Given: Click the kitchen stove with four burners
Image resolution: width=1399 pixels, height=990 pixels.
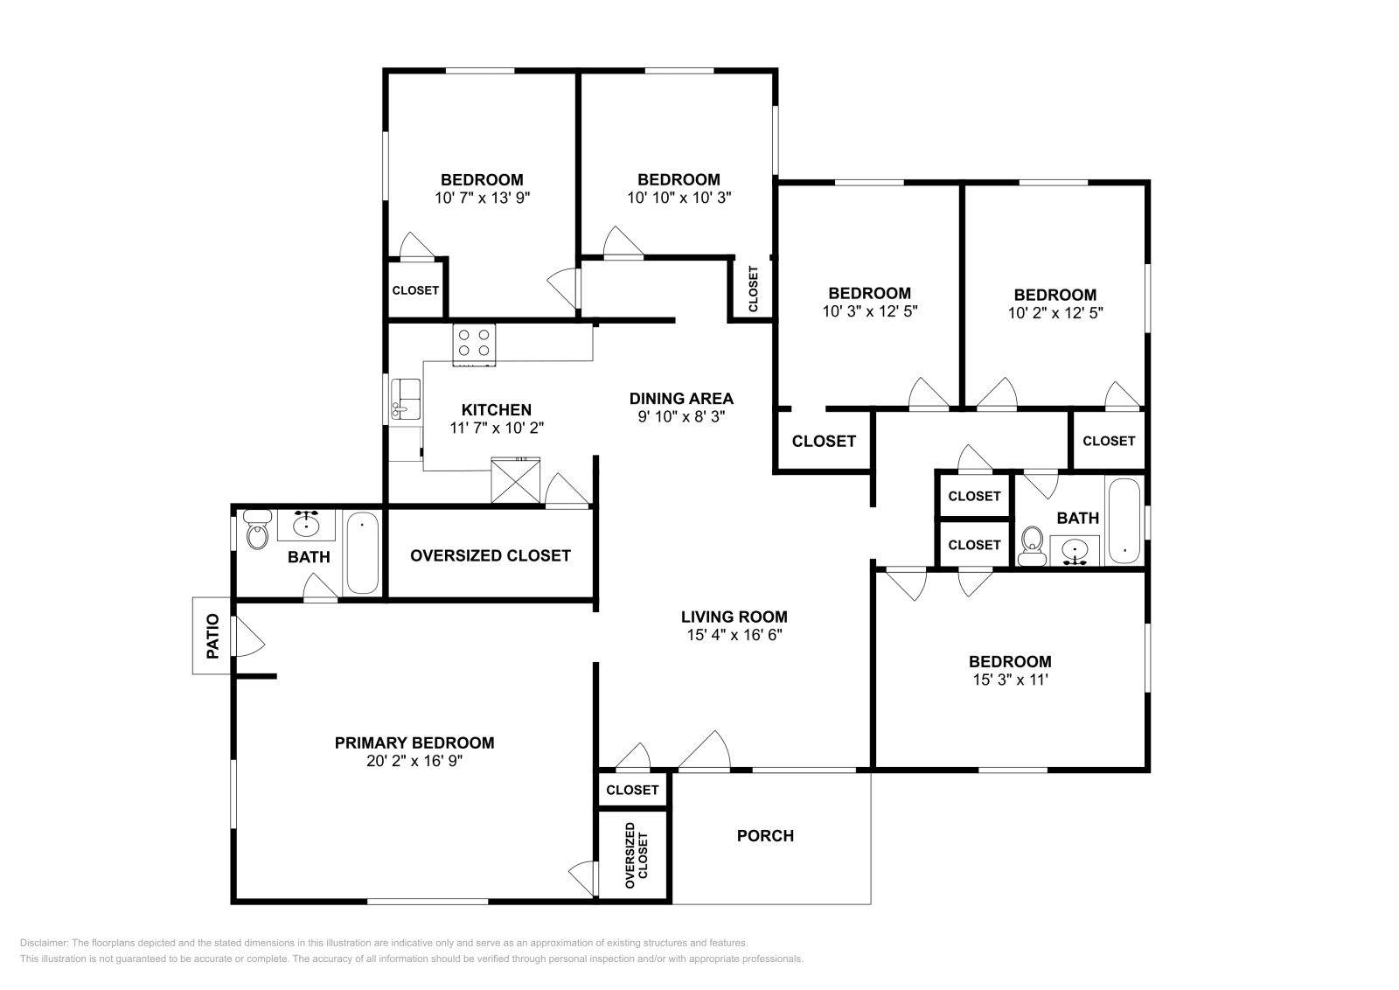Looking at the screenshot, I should (x=474, y=345).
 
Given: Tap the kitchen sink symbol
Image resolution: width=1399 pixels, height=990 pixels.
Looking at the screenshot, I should (x=406, y=400).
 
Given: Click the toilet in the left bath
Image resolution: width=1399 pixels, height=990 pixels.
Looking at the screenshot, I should (x=256, y=531).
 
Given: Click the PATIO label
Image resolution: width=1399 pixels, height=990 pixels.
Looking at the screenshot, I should (x=212, y=636).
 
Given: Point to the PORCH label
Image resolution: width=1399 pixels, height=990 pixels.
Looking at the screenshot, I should (x=765, y=836).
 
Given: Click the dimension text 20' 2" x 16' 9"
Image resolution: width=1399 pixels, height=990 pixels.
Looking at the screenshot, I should (x=414, y=762).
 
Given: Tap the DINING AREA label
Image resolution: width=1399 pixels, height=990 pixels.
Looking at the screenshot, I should (x=681, y=399).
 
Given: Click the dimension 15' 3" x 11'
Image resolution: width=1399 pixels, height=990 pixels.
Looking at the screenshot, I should (x=1009, y=680).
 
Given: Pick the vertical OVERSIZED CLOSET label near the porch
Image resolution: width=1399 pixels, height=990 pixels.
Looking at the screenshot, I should (x=636, y=856).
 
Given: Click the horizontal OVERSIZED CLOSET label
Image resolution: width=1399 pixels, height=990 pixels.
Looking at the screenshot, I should (x=490, y=555).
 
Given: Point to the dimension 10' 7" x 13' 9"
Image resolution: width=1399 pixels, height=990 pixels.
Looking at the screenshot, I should (x=482, y=198).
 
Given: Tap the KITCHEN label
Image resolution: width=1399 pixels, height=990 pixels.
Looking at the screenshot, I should (x=496, y=410).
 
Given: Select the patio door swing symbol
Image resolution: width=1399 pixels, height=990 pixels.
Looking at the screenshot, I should (x=247, y=636).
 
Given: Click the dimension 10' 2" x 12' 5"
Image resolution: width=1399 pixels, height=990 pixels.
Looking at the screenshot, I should (x=1055, y=312).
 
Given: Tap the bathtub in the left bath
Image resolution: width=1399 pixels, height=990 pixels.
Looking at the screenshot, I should (x=362, y=554).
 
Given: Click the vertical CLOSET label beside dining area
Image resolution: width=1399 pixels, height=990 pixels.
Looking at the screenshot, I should (x=754, y=289).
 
